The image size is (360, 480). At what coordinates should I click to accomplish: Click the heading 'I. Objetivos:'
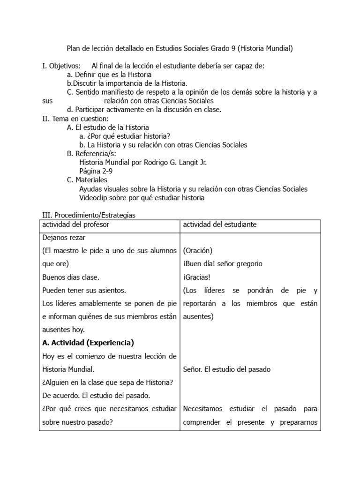click(x=61, y=66)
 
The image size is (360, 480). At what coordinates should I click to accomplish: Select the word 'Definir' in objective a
click(x=86, y=75)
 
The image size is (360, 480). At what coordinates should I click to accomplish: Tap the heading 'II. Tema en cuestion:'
click(x=75, y=119)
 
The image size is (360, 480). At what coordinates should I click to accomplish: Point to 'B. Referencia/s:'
click(x=91, y=153)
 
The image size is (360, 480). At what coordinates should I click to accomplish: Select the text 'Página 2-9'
click(x=96, y=171)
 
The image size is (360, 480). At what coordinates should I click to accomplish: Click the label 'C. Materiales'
click(x=87, y=180)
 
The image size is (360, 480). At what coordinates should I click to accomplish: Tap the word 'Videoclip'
click(x=94, y=197)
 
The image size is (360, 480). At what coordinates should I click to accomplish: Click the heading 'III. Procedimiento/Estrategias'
click(x=89, y=215)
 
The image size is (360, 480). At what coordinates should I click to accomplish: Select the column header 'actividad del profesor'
click(x=75, y=225)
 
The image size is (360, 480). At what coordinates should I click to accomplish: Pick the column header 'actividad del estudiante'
click(x=219, y=225)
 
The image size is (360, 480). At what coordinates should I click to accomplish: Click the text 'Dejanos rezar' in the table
click(x=64, y=238)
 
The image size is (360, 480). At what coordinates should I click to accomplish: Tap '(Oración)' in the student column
click(x=197, y=251)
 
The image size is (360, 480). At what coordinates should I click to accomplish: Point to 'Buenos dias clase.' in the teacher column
click(x=70, y=277)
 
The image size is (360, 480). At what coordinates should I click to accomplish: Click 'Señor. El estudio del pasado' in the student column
click(x=227, y=369)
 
